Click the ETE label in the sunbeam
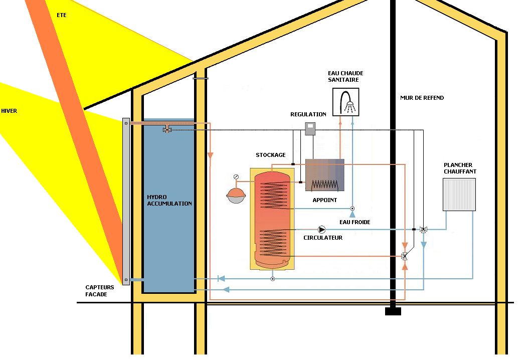pos(62,15)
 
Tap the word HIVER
pos(9,111)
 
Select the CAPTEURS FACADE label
pos(100,291)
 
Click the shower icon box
pos(346,102)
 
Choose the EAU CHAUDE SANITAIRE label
pos(345,76)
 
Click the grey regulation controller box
pos(311,128)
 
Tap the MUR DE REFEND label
pos(422,98)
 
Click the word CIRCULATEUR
pos(323,238)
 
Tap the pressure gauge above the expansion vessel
pos(236,176)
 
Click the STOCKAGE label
pos(270,155)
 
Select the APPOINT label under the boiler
pos(324,200)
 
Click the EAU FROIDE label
pos(355,222)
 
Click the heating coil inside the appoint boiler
pos(324,184)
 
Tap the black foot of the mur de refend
pos(393,311)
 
